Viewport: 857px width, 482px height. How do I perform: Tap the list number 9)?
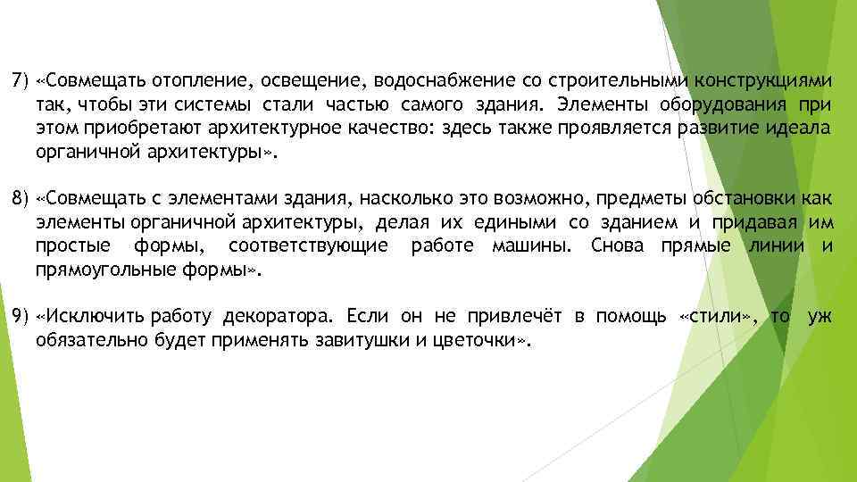coord(21,316)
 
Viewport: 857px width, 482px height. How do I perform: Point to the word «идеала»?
coord(802,128)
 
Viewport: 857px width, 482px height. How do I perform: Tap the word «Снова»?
coord(618,245)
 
